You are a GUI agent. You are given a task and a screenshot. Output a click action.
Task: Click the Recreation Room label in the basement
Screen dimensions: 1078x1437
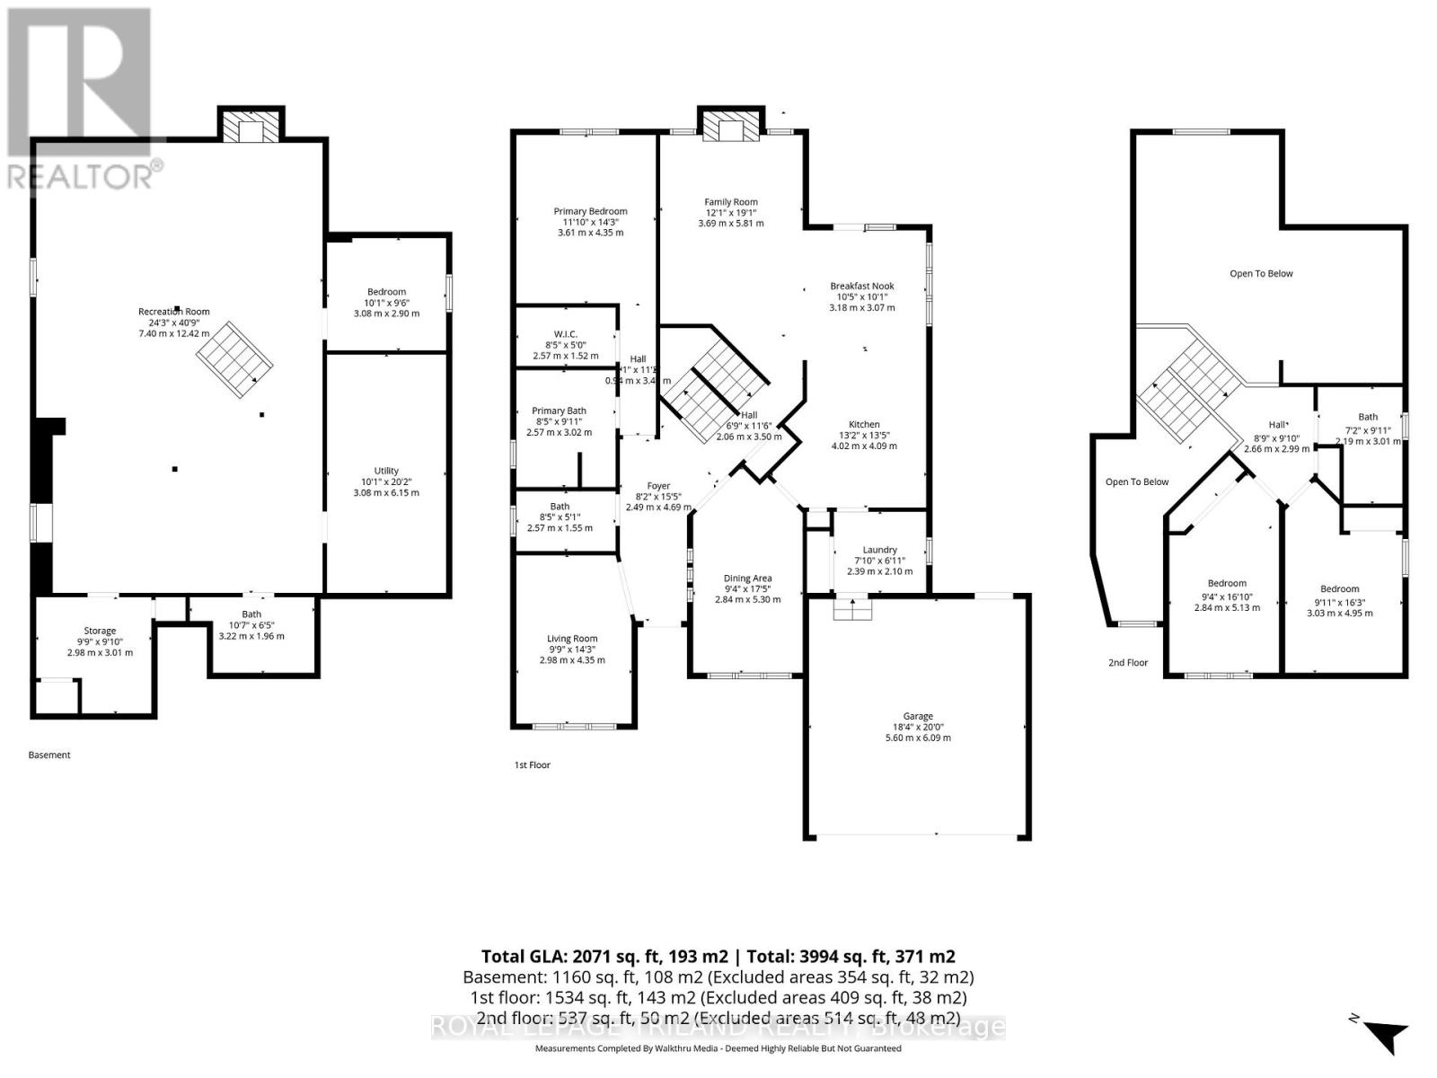point(173,312)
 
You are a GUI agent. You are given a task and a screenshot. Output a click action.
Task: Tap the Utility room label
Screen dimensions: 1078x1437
point(386,471)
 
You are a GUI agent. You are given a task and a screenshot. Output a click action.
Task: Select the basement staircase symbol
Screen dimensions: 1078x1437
point(235,360)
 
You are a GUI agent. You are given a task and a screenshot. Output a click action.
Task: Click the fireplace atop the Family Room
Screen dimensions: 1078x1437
point(733,127)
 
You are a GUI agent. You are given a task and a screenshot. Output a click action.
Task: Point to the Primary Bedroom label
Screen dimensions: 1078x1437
point(590,211)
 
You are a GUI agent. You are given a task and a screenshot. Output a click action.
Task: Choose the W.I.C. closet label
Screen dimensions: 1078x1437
point(566,334)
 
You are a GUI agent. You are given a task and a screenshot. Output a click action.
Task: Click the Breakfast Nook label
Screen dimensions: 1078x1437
point(861,286)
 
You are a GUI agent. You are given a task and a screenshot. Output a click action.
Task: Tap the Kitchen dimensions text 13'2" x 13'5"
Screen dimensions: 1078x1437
point(864,435)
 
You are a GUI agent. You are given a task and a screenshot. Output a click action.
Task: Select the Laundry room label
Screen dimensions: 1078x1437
point(879,550)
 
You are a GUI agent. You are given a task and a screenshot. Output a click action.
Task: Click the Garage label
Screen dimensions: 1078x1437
point(918,716)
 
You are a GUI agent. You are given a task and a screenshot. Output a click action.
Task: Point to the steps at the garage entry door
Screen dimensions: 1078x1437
point(853,610)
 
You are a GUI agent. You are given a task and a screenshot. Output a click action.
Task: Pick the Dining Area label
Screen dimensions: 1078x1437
point(747,579)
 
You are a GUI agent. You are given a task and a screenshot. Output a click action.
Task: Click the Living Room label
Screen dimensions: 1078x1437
point(572,639)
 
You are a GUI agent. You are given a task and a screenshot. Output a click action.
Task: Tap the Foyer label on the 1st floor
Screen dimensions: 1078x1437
point(658,485)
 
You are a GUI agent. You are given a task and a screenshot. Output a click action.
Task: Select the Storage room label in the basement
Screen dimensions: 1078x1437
point(100,631)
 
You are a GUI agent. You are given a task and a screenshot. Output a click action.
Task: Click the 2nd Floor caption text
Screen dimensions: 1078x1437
point(1128,662)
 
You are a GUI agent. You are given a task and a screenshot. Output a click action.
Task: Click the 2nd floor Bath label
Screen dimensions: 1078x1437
point(1367,417)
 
